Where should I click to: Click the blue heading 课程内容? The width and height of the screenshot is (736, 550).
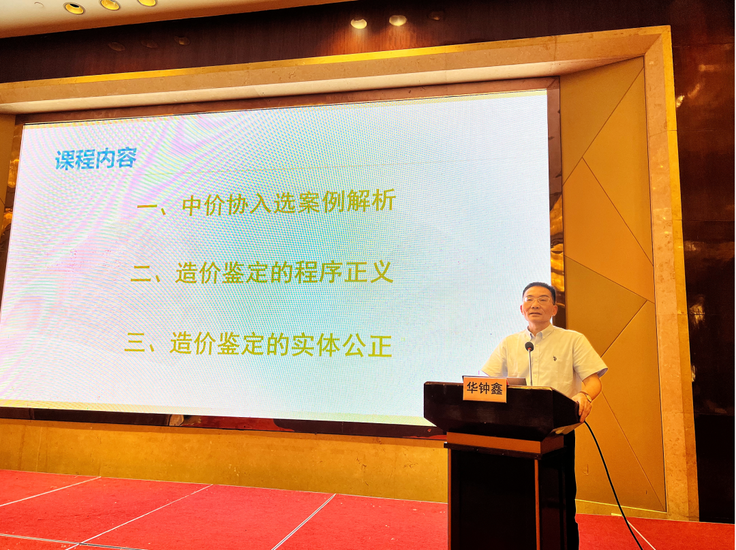(96, 159)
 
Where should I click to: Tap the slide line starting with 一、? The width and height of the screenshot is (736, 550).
(266, 202)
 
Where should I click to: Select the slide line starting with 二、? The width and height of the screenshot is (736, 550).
(262, 273)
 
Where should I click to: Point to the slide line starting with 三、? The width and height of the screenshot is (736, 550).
(258, 345)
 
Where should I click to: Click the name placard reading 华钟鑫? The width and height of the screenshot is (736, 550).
(485, 389)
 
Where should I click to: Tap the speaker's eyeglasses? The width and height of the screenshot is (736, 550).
(538, 299)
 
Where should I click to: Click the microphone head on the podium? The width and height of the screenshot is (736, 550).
(529, 347)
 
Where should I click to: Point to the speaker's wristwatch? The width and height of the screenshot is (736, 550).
(587, 397)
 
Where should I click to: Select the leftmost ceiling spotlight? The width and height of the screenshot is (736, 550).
(74, 7)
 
